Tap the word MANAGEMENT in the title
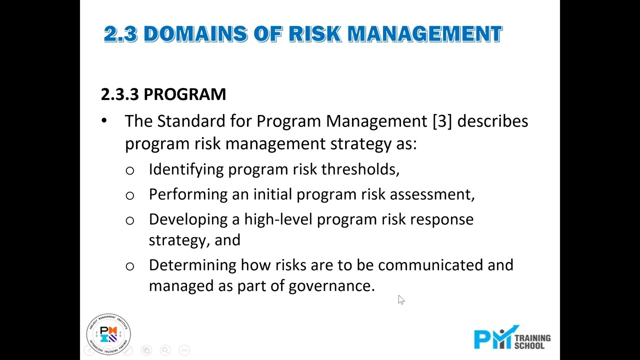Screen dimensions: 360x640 pyautogui.click(x=424, y=34)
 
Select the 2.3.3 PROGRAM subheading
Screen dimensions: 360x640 pyautogui.click(x=163, y=94)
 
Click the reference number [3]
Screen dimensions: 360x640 pyautogui.click(x=442, y=121)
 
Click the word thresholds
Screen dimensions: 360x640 pyautogui.click(x=360, y=169)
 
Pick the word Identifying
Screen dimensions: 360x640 pyautogui.click(x=186, y=169)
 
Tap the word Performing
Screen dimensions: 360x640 pyautogui.click(x=188, y=194)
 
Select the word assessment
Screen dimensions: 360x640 pyautogui.click(x=431, y=194)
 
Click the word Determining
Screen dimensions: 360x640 pyautogui.click(x=192, y=265)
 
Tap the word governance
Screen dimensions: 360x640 pyautogui.click(x=331, y=286)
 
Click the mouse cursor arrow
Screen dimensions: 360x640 pyautogui.click(x=401, y=299)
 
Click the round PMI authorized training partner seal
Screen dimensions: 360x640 pyautogui.click(x=108, y=333)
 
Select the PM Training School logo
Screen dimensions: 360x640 pyautogui.click(x=512, y=338)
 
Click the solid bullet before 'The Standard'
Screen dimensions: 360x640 pyautogui.click(x=104, y=121)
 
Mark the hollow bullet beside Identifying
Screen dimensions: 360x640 pyautogui.click(x=130, y=170)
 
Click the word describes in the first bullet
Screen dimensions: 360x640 pyautogui.click(x=492, y=121)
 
